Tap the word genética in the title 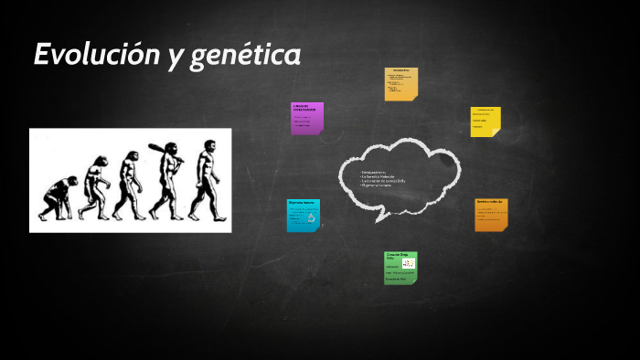(247, 56)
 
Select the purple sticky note (306, 118)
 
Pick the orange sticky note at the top (401, 82)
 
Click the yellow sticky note (485, 122)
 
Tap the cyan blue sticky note (303, 215)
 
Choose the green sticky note (400, 268)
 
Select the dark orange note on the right (490, 214)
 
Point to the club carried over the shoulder (162, 150)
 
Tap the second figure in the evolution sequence (94, 187)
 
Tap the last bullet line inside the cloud (379, 185)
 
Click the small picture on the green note (408, 263)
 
